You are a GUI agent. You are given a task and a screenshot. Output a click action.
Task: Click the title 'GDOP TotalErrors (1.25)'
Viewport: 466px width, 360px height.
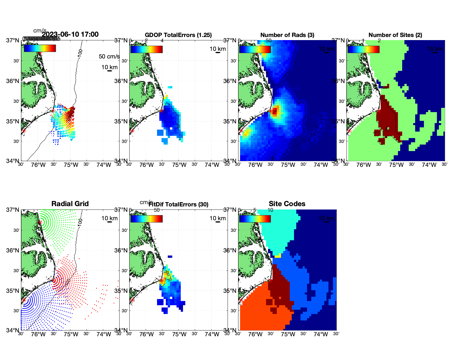pyautogui.click(x=178, y=35)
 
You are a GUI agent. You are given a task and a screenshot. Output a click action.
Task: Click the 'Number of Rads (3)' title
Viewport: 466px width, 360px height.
pyautogui.click(x=287, y=35)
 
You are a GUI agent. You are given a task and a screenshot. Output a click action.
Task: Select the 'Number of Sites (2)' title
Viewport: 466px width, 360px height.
pyautogui.click(x=395, y=35)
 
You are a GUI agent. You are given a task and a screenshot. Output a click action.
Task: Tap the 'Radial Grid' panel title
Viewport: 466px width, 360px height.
pyautogui.click(x=70, y=204)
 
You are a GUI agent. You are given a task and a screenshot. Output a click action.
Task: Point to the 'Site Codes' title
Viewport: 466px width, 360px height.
pyautogui.click(x=287, y=204)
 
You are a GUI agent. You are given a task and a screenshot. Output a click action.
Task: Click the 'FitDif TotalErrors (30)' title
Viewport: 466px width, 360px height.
pyautogui.click(x=178, y=204)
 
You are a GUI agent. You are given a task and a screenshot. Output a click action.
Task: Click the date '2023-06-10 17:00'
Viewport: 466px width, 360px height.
pyautogui.click(x=70, y=34)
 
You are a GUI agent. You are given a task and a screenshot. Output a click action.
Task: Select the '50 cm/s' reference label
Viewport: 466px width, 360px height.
pyautogui.click(x=109, y=56)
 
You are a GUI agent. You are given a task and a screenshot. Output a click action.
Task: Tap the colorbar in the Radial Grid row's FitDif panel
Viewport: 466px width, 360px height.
pyautogui.click(x=146, y=219)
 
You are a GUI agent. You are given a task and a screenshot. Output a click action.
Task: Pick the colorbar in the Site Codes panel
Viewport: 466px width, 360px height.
pyautogui.click(x=255, y=219)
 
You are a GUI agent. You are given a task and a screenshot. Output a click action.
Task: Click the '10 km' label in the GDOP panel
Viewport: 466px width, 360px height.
pyautogui.click(x=217, y=49)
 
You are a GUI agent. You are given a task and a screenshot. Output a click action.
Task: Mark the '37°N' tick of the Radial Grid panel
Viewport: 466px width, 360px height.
pyautogui.click(x=13, y=210)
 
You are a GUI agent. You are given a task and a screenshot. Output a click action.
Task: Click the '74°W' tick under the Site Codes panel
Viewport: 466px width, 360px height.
pyautogui.click(x=321, y=334)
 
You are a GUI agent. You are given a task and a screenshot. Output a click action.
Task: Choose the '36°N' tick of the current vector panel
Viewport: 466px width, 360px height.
pyautogui.click(x=13, y=81)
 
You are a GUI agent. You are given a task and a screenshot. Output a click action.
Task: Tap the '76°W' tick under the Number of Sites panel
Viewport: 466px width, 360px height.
pyautogui.click(x=363, y=165)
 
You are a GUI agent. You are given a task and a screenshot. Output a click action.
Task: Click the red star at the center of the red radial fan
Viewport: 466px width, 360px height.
pyautogui.click(x=53, y=280)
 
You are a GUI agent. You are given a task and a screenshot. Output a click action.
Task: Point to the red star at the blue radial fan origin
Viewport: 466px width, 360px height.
pyautogui.click(x=24, y=300)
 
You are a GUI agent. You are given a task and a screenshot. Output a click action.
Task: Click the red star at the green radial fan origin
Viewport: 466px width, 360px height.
pyautogui.click(x=40, y=222)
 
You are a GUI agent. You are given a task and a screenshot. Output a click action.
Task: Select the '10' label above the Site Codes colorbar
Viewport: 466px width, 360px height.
pyautogui.click(x=270, y=210)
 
